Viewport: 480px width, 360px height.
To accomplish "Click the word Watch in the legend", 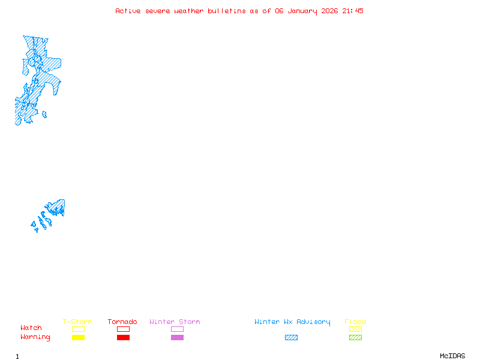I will click(31, 328).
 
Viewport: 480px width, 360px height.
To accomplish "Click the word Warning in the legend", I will click(35, 337).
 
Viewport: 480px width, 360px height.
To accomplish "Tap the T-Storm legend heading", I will click(77, 322).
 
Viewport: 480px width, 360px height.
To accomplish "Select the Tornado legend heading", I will click(122, 322).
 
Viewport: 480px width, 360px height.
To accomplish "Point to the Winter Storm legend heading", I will click(175, 322).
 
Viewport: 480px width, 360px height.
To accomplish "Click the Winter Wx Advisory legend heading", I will click(292, 322).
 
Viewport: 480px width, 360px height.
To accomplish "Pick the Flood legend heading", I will click(355, 322).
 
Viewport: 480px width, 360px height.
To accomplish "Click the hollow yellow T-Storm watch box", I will click(78, 329).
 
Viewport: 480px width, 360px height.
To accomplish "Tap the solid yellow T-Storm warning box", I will click(78, 338).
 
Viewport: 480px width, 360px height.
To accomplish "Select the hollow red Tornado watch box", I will click(123, 329).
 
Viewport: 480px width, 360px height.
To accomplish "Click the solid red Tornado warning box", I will click(123, 338).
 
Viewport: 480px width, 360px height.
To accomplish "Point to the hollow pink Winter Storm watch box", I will click(177, 329).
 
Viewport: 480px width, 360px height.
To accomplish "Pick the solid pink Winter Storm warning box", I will click(177, 338).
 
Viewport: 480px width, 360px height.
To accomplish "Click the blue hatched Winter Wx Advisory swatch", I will click(291, 338).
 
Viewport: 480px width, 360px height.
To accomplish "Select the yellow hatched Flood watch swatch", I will click(355, 329).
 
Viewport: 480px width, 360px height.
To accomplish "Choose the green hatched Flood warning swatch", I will click(355, 338).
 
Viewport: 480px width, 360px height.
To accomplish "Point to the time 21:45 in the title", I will click(353, 11).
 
